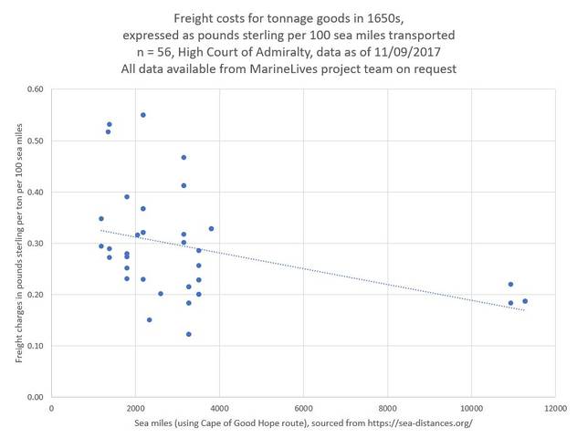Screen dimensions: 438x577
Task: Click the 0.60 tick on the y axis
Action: click(x=35, y=89)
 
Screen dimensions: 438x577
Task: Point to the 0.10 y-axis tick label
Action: click(x=35, y=346)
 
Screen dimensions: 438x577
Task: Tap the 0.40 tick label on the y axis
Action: click(x=35, y=192)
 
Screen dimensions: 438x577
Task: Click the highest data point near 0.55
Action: click(x=143, y=115)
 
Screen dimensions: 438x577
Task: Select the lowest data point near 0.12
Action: click(x=189, y=334)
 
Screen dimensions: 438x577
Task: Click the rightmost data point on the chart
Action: click(x=525, y=301)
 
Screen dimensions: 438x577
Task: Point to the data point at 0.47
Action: click(x=184, y=157)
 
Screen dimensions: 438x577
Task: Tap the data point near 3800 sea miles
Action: click(x=211, y=229)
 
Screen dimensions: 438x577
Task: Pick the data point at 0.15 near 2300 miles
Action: click(x=149, y=319)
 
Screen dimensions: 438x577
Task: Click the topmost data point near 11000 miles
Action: click(x=511, y=284)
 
